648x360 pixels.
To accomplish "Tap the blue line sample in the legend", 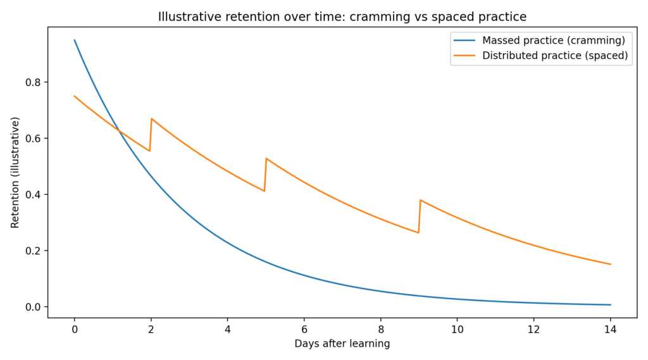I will (x=464, y=40).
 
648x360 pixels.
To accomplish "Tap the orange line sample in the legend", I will (x=464, y=56).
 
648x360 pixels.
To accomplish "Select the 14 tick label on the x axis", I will (x=611, y=330).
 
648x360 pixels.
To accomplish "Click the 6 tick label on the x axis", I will (x=304, y=330).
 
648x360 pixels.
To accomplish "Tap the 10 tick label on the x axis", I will (x=458, y=330).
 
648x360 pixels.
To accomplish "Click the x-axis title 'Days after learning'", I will (x=342, y=344).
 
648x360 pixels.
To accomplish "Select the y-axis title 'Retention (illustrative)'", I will (x=15, y=173).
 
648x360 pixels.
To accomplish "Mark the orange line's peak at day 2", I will (x=152, y=119).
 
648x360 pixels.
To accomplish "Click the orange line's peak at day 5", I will (x=266, y=159).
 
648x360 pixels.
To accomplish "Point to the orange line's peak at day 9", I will (x=420, y=200).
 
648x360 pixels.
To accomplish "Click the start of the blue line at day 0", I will (x=75, y=40).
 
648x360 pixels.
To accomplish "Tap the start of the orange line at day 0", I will (x=75, y=96).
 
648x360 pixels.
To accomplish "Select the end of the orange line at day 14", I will (x=611, y=264).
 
